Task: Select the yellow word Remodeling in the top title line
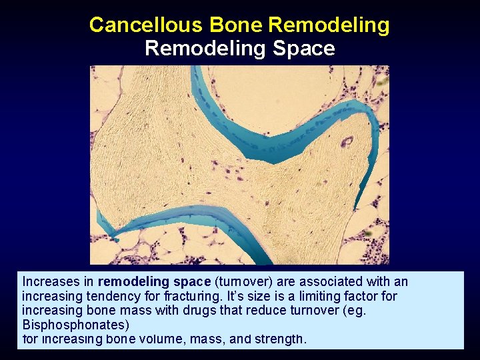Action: tap(329, 25)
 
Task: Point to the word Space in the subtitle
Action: tap(303, 49)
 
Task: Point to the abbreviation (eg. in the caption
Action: tap(354, 310)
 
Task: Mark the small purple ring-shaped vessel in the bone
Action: tap(347, 141)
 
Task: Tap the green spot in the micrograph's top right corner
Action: tap(382, 81)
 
